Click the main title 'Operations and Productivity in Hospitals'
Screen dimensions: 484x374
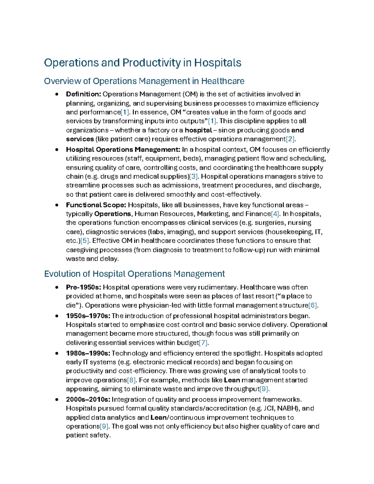tap(142, 63)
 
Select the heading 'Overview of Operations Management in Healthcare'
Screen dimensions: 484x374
tap(144, 81)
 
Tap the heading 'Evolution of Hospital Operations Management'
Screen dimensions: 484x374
tap(134, 274)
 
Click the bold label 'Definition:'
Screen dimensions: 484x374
tap(83, 94)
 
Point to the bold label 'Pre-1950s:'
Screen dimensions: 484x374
tap(83, 287)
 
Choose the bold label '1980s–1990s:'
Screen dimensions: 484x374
tap(88, 353)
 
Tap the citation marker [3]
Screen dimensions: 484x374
tap(194, 176)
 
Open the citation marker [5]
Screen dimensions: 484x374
tap(85, 241)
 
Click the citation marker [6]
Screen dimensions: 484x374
tap(313, 305)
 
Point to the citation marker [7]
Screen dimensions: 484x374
tap(203, 343)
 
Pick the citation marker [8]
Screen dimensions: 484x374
tap(132, 380)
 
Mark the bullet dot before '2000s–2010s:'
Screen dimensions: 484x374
tap(57, 400)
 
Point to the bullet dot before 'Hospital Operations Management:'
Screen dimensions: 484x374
tap(57, 150)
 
